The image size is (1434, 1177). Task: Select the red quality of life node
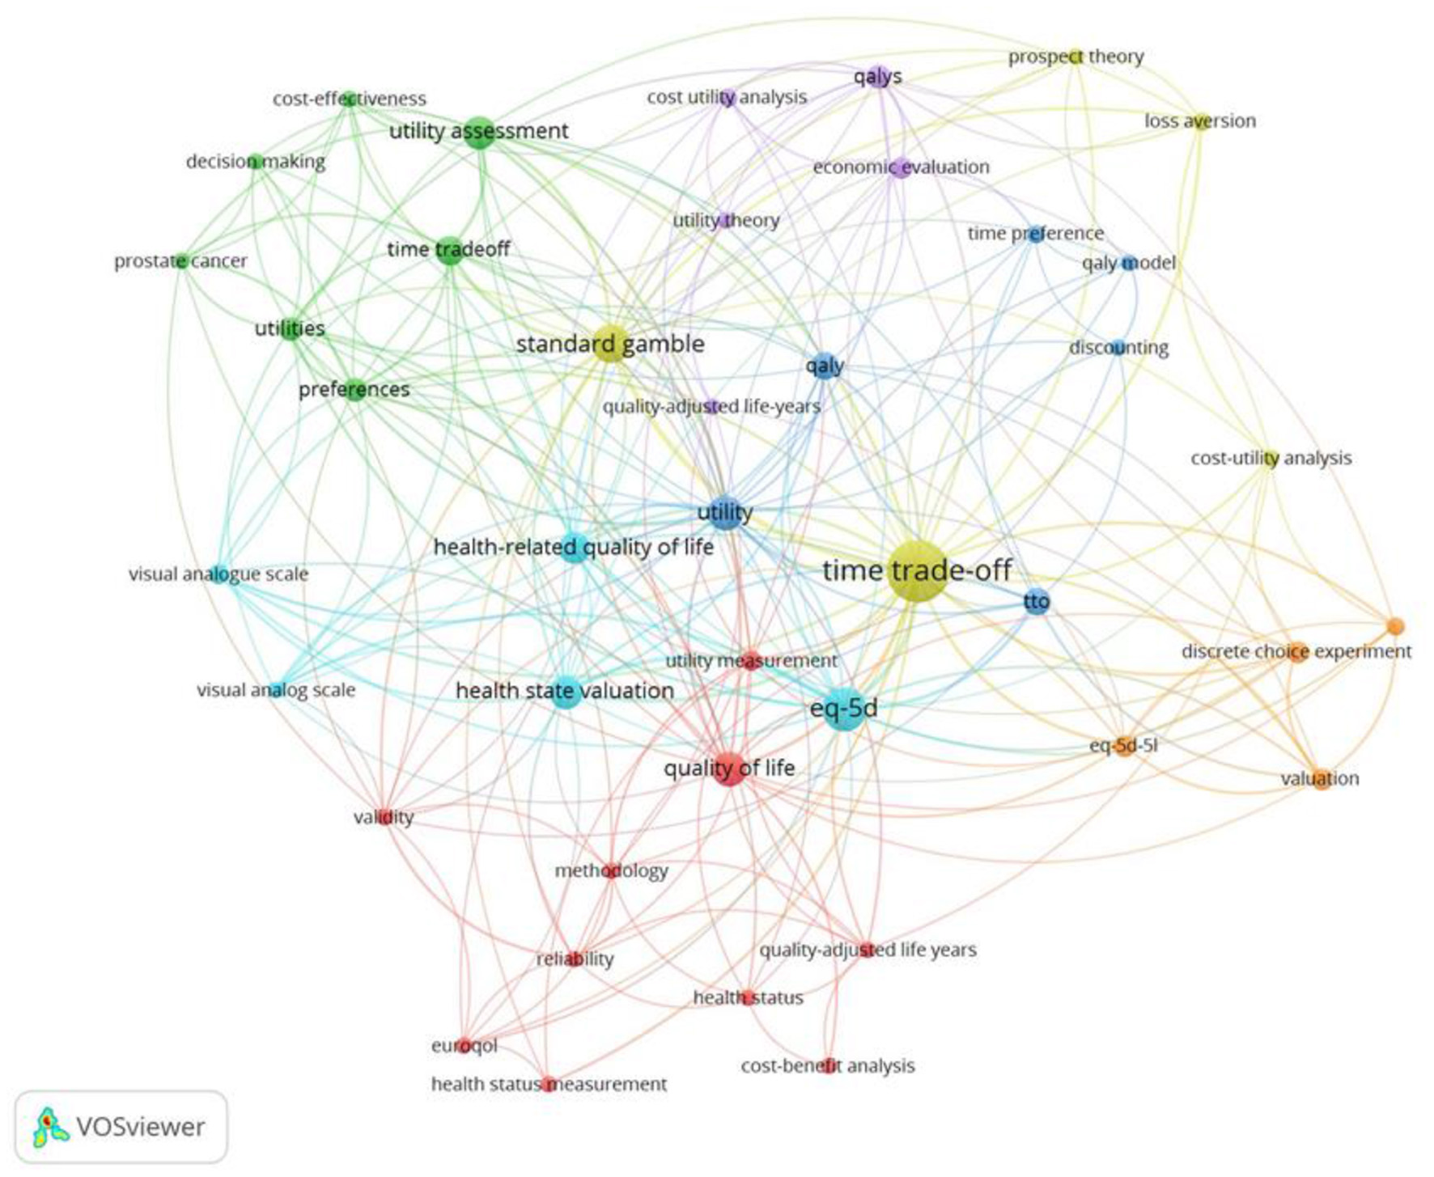[x=729, y=768]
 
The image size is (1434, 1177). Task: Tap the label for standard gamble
[x=610, y=344]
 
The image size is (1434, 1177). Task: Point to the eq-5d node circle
[x=844, y=709]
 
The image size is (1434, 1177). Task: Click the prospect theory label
[x=1075, y=57]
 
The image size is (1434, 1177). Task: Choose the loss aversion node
[x=1201, y=121]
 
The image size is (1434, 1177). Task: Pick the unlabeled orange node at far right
[x=1394, y=626]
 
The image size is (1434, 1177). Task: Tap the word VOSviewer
[x=140, y=1127]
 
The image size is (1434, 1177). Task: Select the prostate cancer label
[x=180, y=261]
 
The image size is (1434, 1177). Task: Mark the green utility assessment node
[x=479, y=132]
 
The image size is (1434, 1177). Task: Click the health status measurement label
[x=549, y=1084]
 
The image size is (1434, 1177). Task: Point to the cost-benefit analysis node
[x=827, y=1065]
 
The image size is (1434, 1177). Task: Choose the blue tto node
[x=1036, y=602]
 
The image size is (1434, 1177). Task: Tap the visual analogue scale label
[x=218, y=574]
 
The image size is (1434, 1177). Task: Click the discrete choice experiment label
[x=1296, y=651]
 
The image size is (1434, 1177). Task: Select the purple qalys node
[x=879, y=78]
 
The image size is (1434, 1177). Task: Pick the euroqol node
[x=464, y=1045]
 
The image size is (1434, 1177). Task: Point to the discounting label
[x=1118, y=348]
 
